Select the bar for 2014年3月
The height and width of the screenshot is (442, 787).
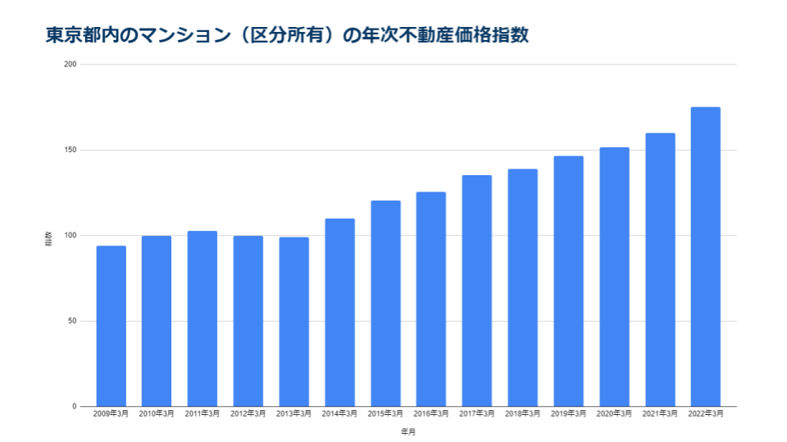pos(339,312)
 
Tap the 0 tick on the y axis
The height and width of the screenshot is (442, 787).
pos(74,406)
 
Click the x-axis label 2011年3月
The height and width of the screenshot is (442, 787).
pos(202,415)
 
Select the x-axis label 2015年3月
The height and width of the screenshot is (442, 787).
pos(385,415)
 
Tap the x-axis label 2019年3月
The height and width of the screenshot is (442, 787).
pos(568,415)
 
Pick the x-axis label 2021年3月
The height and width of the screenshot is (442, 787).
pos(660,415)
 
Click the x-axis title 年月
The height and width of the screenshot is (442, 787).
pos(407,431)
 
